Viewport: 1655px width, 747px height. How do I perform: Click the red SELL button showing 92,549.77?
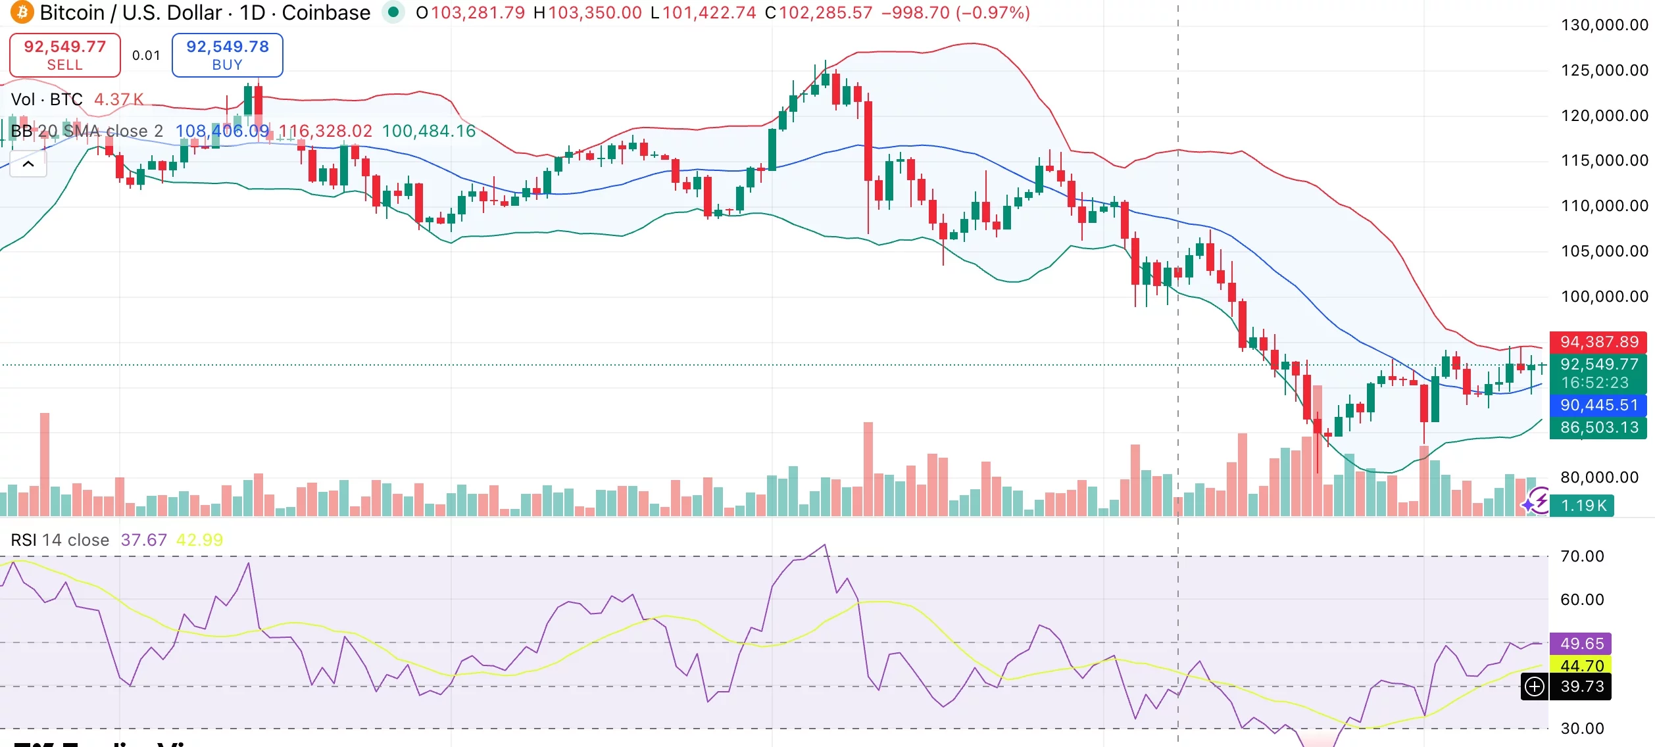[x=64, y=55]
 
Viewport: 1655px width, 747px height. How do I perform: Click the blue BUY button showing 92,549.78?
[x=227, y=55]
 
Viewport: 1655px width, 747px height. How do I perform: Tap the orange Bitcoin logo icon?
[x=21, y=12]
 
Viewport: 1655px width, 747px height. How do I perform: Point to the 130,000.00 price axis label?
[x=1604, y=25]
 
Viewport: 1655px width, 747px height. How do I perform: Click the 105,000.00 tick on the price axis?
[x=1604, y=251]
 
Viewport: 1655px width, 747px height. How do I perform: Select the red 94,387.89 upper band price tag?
[x=1599, y=342]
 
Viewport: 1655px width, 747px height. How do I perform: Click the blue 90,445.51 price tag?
[x=1599, y=405]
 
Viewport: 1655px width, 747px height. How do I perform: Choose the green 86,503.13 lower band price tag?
[x=1599, y=427]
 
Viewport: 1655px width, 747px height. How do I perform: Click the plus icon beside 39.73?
[x=1535, y=687]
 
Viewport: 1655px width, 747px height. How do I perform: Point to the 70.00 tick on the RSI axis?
[x=1582, y=556]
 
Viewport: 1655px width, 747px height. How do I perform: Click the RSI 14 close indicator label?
[x=59, y=540]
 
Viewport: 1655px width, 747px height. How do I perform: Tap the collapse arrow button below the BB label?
[x=28, y=164]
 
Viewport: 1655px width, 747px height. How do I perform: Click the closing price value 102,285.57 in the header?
[x=825, y=12]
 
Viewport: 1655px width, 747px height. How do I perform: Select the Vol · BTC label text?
[x=47, y=99]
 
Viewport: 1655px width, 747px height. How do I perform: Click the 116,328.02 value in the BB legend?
[x=325, y=131]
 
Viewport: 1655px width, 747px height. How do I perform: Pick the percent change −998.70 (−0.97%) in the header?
[x=955, y=12]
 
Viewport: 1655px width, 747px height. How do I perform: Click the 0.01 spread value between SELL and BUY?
[x=146, y=55]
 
